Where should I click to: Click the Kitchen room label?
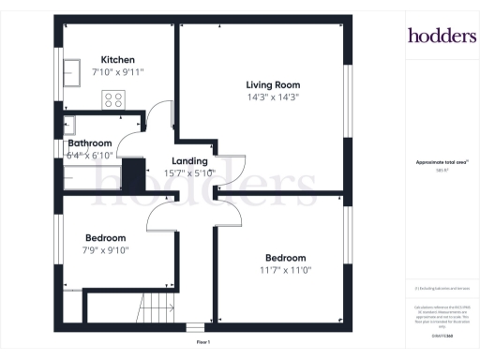(x=118, y=58)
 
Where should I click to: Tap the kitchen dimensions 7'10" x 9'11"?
(x=118, y=71)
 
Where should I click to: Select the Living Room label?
(x=273, y=84)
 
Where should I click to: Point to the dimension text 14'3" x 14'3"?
(x=273, y=97)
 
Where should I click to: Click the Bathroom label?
(x=96, y=143)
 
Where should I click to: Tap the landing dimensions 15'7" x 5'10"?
(x=189, y=172)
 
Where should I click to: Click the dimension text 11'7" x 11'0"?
(x=285, y=270)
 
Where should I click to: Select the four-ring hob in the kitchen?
(x=114, y=98)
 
